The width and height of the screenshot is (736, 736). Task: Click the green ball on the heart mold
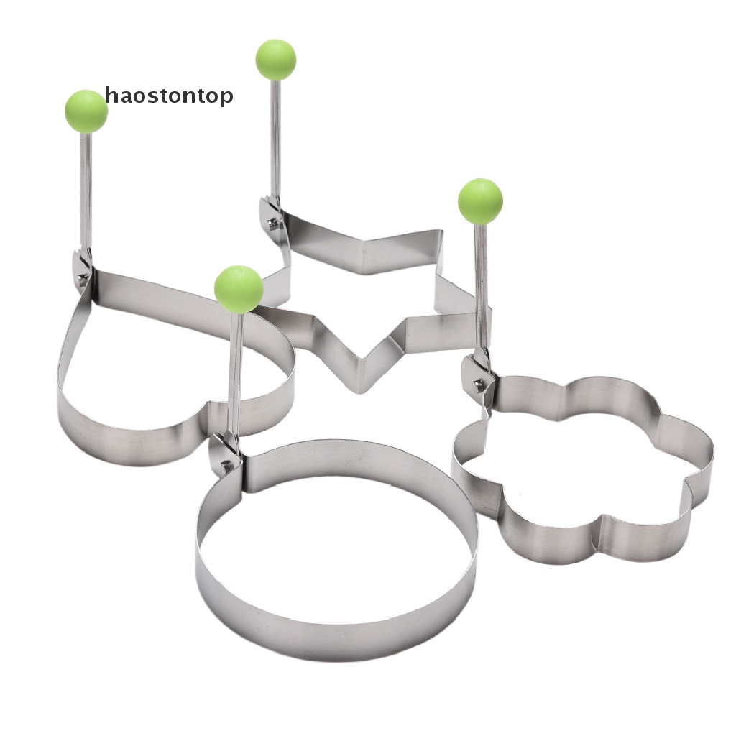[86, 111]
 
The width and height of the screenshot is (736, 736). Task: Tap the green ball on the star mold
[276, 60]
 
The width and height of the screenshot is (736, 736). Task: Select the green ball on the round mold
[239, 289]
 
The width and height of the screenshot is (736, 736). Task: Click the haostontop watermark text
[169, 96]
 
